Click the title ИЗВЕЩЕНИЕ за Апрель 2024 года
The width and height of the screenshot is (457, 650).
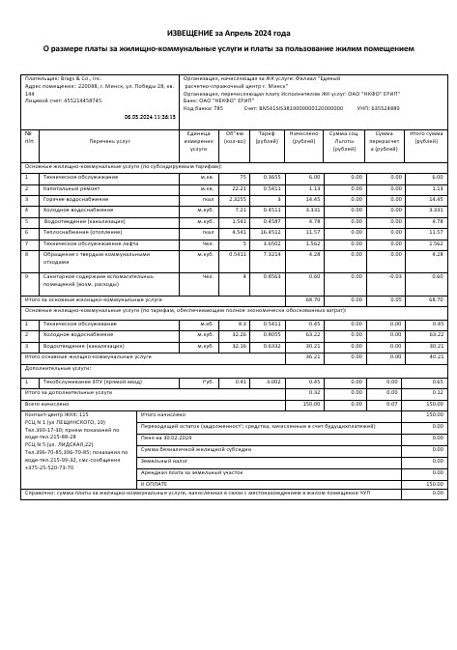228,33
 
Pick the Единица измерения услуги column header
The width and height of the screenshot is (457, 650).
198,141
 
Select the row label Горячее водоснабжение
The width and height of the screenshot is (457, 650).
73,199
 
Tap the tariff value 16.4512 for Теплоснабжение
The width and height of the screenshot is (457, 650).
271,232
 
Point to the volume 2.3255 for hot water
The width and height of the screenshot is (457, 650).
237,199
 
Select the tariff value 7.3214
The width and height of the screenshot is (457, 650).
271,254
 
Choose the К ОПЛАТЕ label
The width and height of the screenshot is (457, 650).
155,484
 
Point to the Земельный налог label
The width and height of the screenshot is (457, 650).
161,461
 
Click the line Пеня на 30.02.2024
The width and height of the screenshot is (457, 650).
166,438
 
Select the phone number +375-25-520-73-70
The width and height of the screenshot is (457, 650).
51,467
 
